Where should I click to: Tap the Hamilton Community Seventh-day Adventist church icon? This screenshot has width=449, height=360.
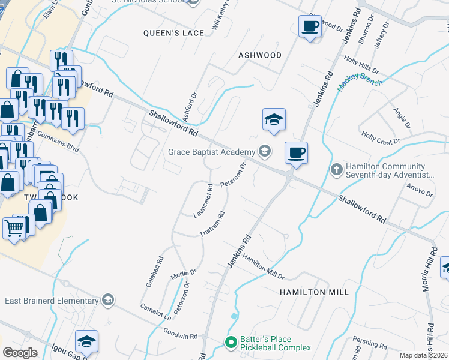pos(336,170)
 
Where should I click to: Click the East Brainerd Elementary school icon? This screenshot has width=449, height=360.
pos(108,300)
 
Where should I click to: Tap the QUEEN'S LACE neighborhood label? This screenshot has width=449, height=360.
pos(173,33)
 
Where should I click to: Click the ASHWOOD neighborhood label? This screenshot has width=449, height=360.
pos(260,55)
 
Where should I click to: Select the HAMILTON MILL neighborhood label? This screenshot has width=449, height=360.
pos(313,292)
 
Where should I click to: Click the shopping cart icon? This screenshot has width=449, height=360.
pos(14,227)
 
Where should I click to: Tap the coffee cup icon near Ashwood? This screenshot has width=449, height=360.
pos(310,27)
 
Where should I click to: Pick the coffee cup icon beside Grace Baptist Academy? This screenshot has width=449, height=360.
pos(295,152)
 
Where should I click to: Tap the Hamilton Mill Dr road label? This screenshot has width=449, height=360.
pos(262,266)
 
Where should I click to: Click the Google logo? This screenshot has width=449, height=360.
pos(20,353)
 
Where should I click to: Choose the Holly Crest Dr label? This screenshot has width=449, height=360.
pos(380,139)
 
